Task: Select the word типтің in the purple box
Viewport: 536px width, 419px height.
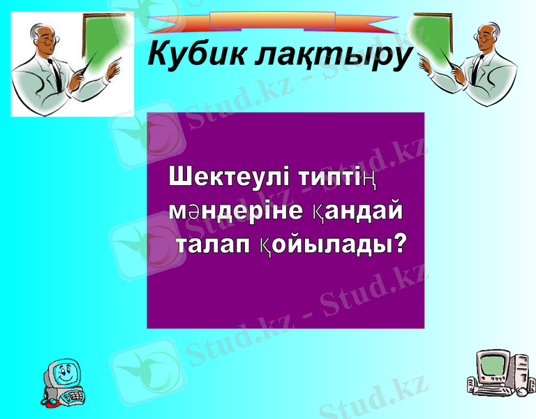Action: tap(338, 175)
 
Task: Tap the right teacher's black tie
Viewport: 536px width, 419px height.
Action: tap(476, 73)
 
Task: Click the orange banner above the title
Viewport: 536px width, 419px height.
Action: tap(272, 21)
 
